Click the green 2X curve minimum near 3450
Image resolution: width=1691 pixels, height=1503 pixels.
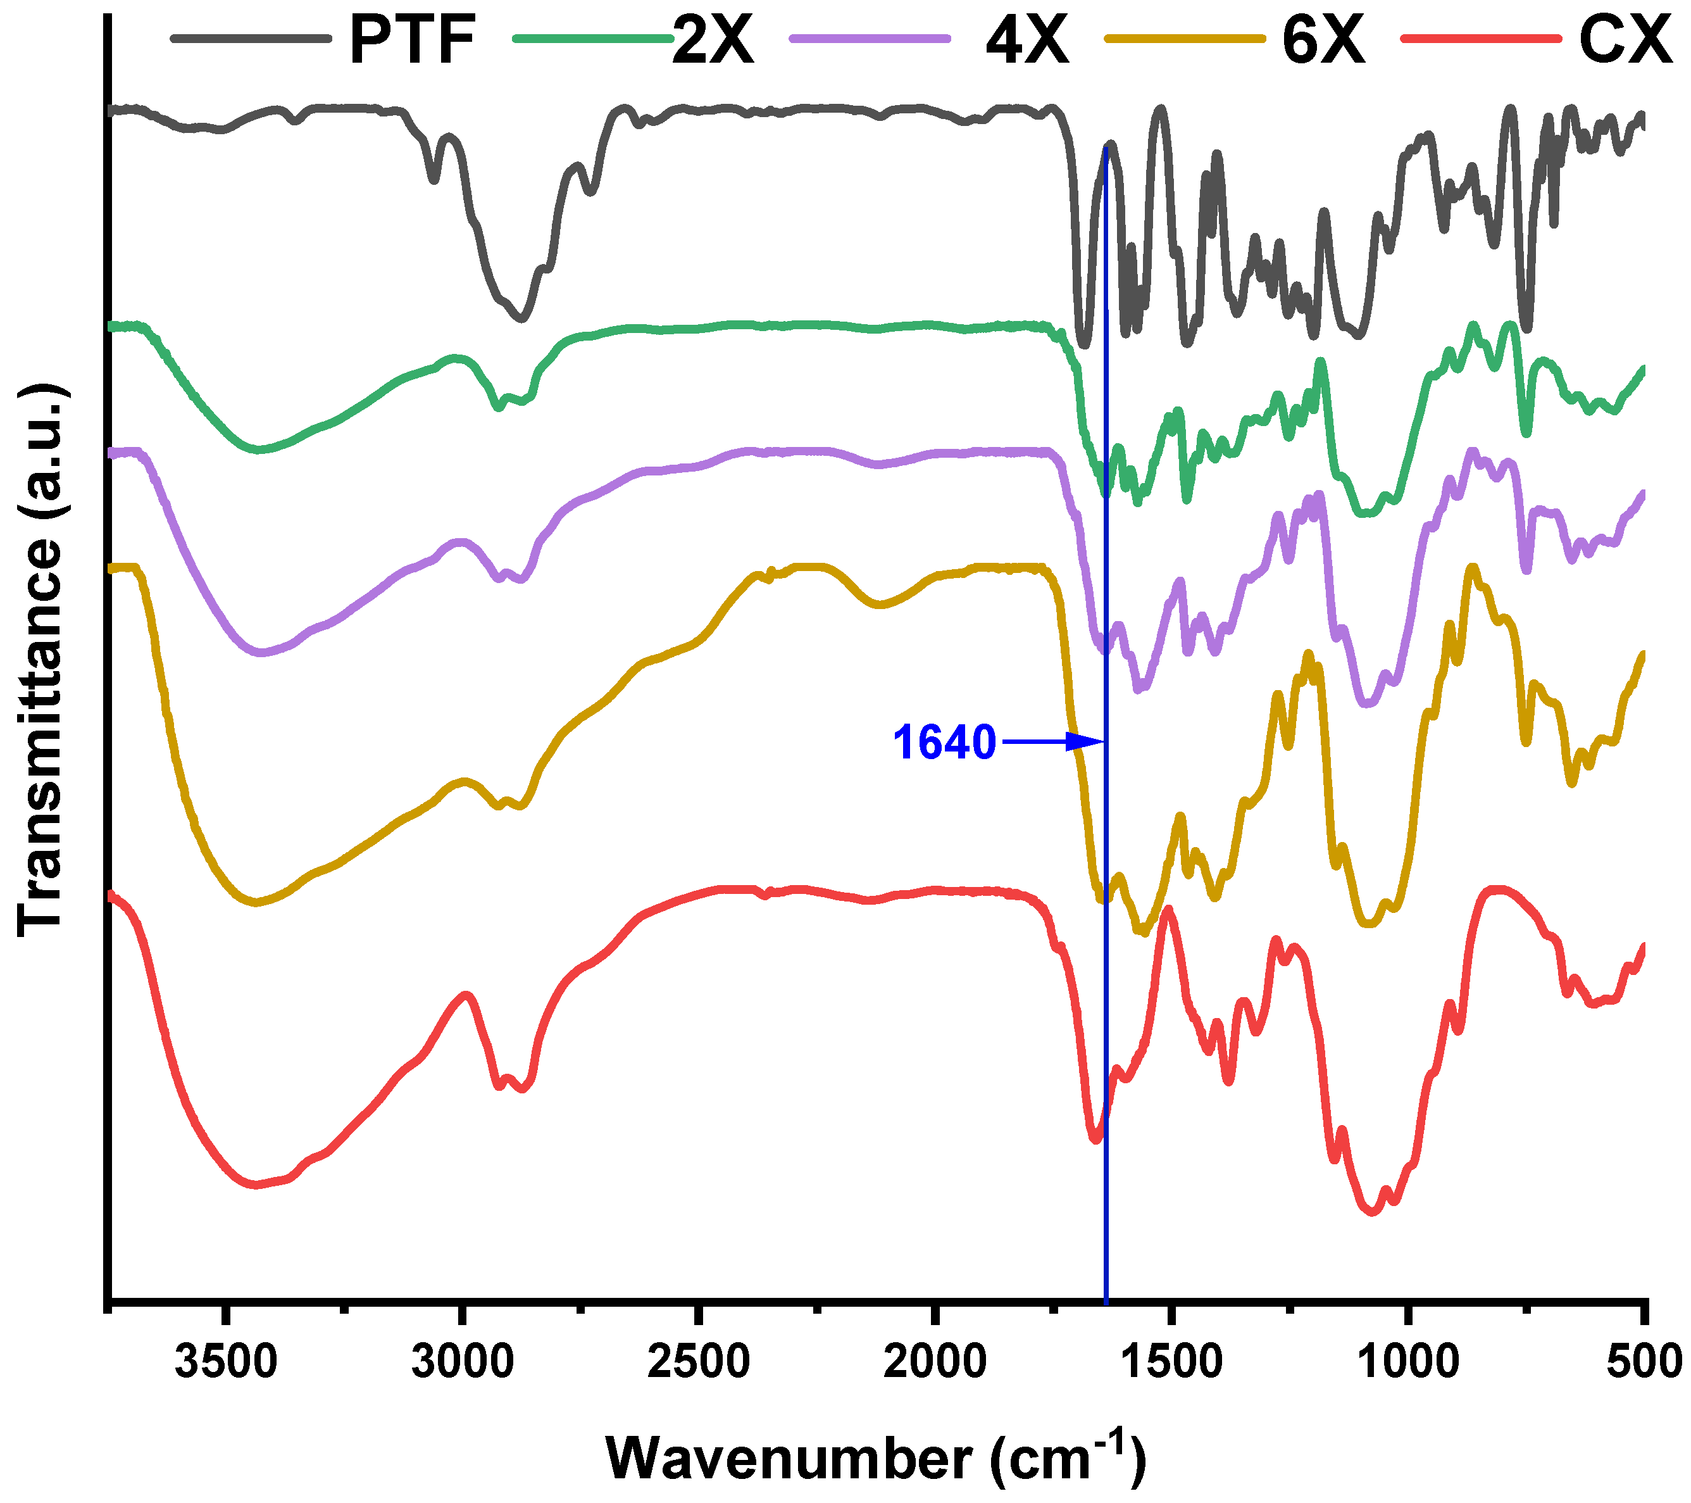click(259, 450)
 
